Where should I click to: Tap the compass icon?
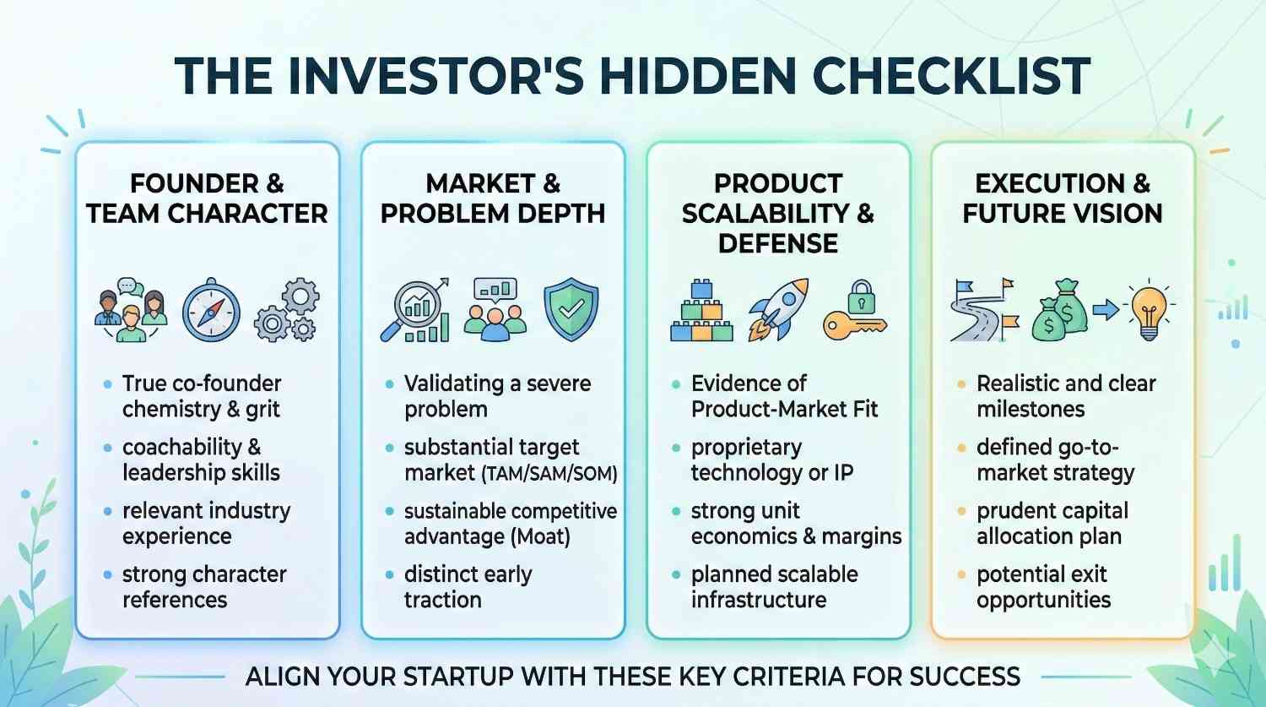(211, 310)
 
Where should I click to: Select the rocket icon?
(779, 309)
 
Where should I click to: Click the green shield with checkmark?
(571, 309)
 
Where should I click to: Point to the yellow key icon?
(854, 324)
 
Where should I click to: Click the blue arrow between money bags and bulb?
(1106, 310)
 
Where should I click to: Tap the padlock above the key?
(862, 296)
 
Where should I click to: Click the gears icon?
(287, 310)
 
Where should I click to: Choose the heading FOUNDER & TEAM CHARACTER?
(207, 199)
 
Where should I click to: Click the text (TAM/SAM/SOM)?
(549, 473)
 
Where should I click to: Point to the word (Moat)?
(540, 536)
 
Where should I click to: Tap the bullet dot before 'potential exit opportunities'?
(960, 575)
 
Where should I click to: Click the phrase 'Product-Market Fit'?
(784, 409)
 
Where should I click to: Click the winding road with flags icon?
(984, 310)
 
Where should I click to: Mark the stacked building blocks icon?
(702, 310)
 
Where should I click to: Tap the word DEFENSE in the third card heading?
(777, 244)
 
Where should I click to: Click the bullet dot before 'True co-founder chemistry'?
(108, 384)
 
